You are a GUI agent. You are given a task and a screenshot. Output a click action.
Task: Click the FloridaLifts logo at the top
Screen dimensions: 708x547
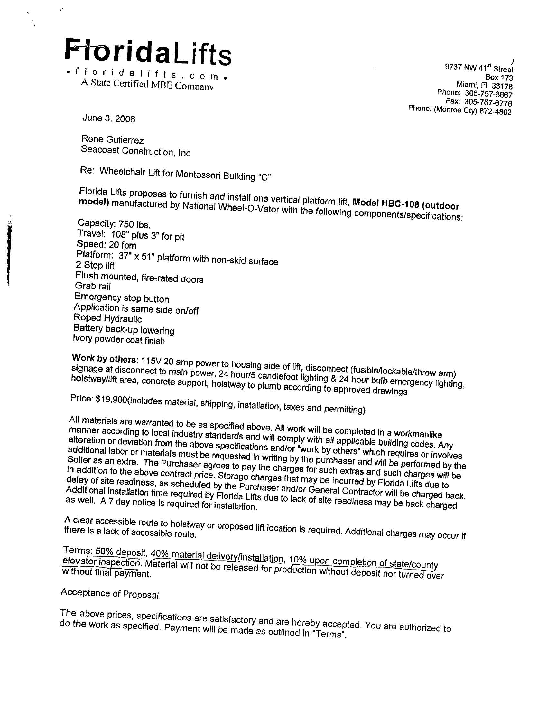(148, 52)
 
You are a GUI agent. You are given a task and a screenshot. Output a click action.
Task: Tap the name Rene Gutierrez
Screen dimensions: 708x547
(112, 139)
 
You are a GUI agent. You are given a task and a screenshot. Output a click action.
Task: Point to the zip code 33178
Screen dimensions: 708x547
(502, 86)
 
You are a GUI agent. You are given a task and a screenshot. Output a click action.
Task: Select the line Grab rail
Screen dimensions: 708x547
(93, 286)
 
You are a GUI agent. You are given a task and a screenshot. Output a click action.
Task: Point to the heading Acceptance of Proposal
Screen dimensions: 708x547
(109, 594)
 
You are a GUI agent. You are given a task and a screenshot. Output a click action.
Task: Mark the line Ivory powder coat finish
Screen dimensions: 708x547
(119, 340)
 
